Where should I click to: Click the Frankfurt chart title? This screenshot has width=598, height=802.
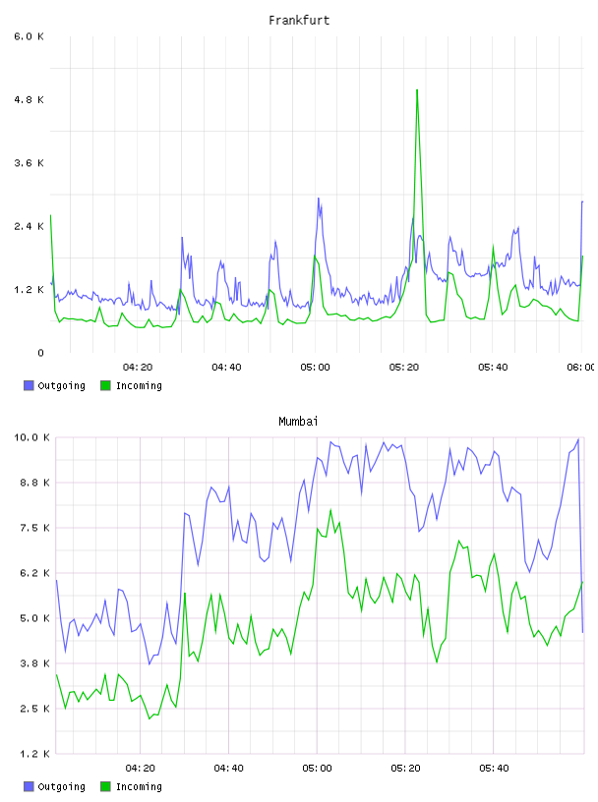(x=299, y=21)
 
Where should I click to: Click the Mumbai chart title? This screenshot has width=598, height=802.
(x=298, y=422)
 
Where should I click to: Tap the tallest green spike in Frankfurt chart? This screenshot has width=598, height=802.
(x=417, y=90)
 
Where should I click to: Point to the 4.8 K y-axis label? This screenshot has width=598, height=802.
(x=30, y=99)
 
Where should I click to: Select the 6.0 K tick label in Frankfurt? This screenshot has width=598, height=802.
(x=30, y=36)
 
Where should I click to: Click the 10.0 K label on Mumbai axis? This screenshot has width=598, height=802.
(x=31, y=437)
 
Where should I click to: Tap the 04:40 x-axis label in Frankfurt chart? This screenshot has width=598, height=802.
(x=226, y=368)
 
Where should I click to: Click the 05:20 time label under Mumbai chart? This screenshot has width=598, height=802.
(x=405, y=769)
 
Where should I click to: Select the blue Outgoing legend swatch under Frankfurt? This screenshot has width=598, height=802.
(x=29, y=385)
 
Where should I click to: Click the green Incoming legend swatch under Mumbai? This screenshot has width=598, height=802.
(x=105, y=786)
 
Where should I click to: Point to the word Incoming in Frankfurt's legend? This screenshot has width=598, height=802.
(x=139, y=385)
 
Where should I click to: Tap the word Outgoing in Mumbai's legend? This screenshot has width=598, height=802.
(x=61, y=786)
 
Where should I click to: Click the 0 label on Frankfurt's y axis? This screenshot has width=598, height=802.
(x=40, y=353)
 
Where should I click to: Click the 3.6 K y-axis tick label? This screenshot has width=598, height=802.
(x=30, y=163)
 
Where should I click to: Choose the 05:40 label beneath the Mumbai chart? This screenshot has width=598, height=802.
(x=494, y=769)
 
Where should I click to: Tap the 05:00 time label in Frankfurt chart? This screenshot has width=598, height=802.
(x=316, y=368)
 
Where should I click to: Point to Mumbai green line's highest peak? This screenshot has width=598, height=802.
(x=330, y=510)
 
